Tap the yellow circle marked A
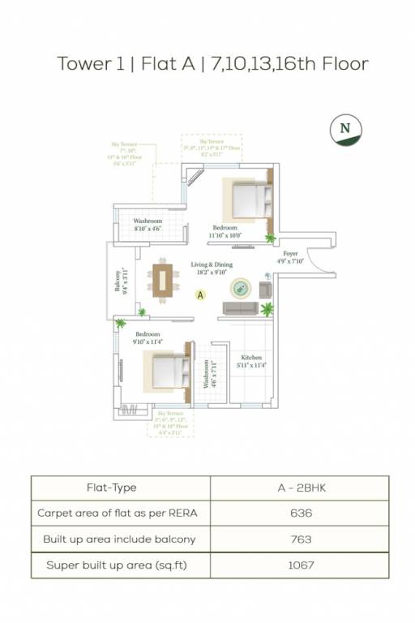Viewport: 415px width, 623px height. pyautogui.click(x=200, y=296)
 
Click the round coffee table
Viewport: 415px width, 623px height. pyautogui.click(x=241, y=287)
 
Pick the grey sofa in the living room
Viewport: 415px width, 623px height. pyautogui.click(x=240, y=309)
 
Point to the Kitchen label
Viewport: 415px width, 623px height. pyautogui.click(x=251, y=358)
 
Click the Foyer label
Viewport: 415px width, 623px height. pyautogui.click(x=290, y=254)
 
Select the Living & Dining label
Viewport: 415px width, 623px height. pyautogui.click(x=212, y=265)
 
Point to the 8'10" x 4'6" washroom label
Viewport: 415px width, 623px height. pyautogui.click(x=148, y=225)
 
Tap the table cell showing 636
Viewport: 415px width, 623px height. pyautogui.click(x=300, y=513)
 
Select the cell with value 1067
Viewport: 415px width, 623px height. pyautogui.click(x=300, y=565)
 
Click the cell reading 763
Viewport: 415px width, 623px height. pyautogui.click(x=300, y=539)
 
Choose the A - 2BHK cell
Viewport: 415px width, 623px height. pyautogui.click(x=300, y=488)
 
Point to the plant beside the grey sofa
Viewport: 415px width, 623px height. pyautogui.click(x=267, y=308)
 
